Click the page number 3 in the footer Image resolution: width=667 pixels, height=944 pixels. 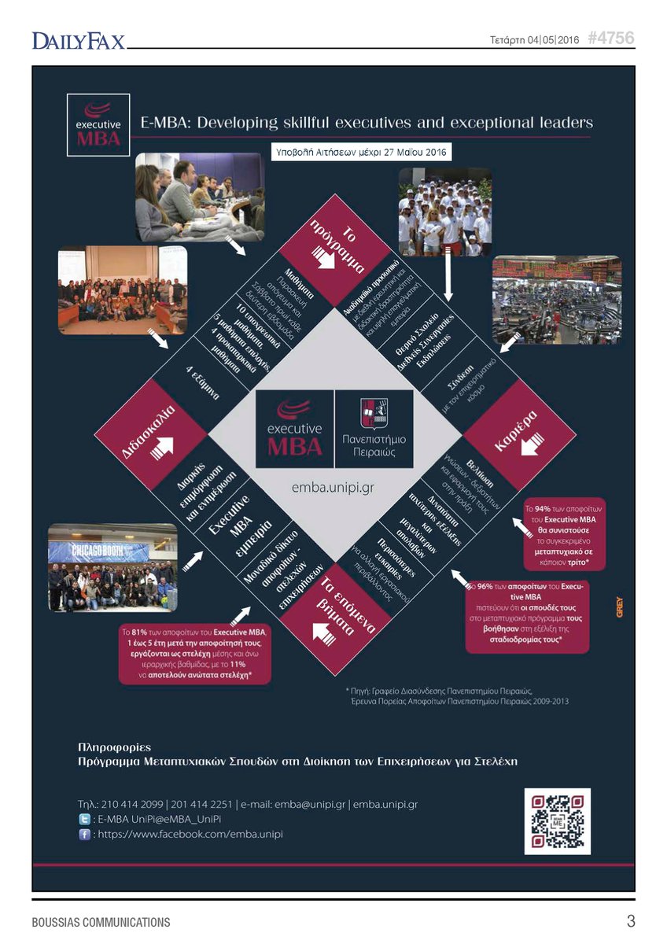click(x=631, y=920)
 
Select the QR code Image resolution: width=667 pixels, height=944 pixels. click(x=557, y=821)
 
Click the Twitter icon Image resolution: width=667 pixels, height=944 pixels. click(x=85, y=819)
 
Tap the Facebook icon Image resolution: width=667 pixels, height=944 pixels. click(x=85, y=834)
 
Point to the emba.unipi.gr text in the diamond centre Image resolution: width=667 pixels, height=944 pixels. click(x=334, y=487)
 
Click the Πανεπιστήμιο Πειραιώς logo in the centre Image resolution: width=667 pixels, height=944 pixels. click(x=374, y=429)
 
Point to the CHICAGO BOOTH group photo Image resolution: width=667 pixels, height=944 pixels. click(x=112, y=567)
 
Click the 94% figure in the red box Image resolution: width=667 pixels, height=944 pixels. click(x=542, y=509)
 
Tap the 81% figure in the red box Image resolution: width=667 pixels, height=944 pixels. click(x=140, y=632)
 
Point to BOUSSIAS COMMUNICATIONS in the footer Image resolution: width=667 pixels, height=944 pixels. click(x=101, y=921)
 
